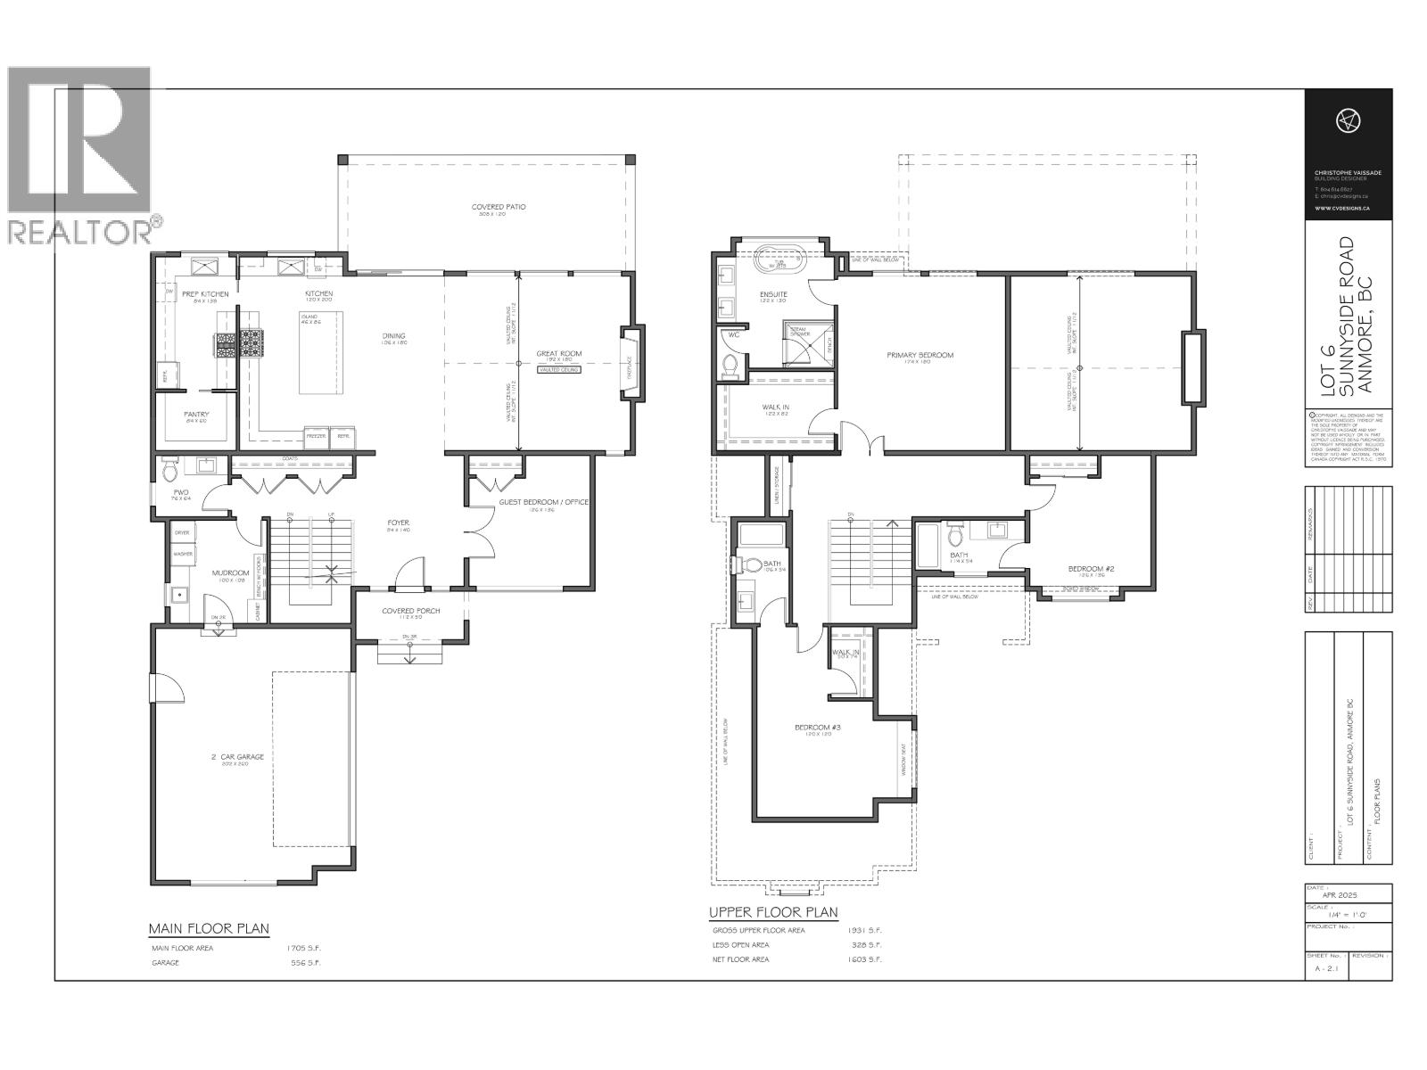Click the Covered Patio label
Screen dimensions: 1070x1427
pyautogui.click(x=499, y=207)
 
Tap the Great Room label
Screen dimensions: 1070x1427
pyautogui.click(x=559, y=354)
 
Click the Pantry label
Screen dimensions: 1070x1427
pyautogui.click(x=196, y=414)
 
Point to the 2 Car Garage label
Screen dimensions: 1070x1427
pyautogui.click(x=237, y=757)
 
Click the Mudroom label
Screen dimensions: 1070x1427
pyautogui.click(x=229, y=573)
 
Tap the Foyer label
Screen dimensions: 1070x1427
pyautogui.click(x=398, y=523)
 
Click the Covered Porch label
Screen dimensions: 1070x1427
pyautogui.click(x=410, y=611)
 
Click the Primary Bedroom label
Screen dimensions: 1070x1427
pyautogui.click(x=920, y=355)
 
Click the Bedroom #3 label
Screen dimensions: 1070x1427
pyautogui.click(x=812, y=728)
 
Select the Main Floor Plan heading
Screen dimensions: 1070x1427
pyautogui.click(x=209, y=928)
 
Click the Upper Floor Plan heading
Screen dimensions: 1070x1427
pyautogui.click(x=773, y=912)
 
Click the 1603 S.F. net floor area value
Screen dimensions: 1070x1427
pyautogui.click(x=864, y=959)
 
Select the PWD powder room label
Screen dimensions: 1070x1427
pyautogui.click(x=181, y=493)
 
